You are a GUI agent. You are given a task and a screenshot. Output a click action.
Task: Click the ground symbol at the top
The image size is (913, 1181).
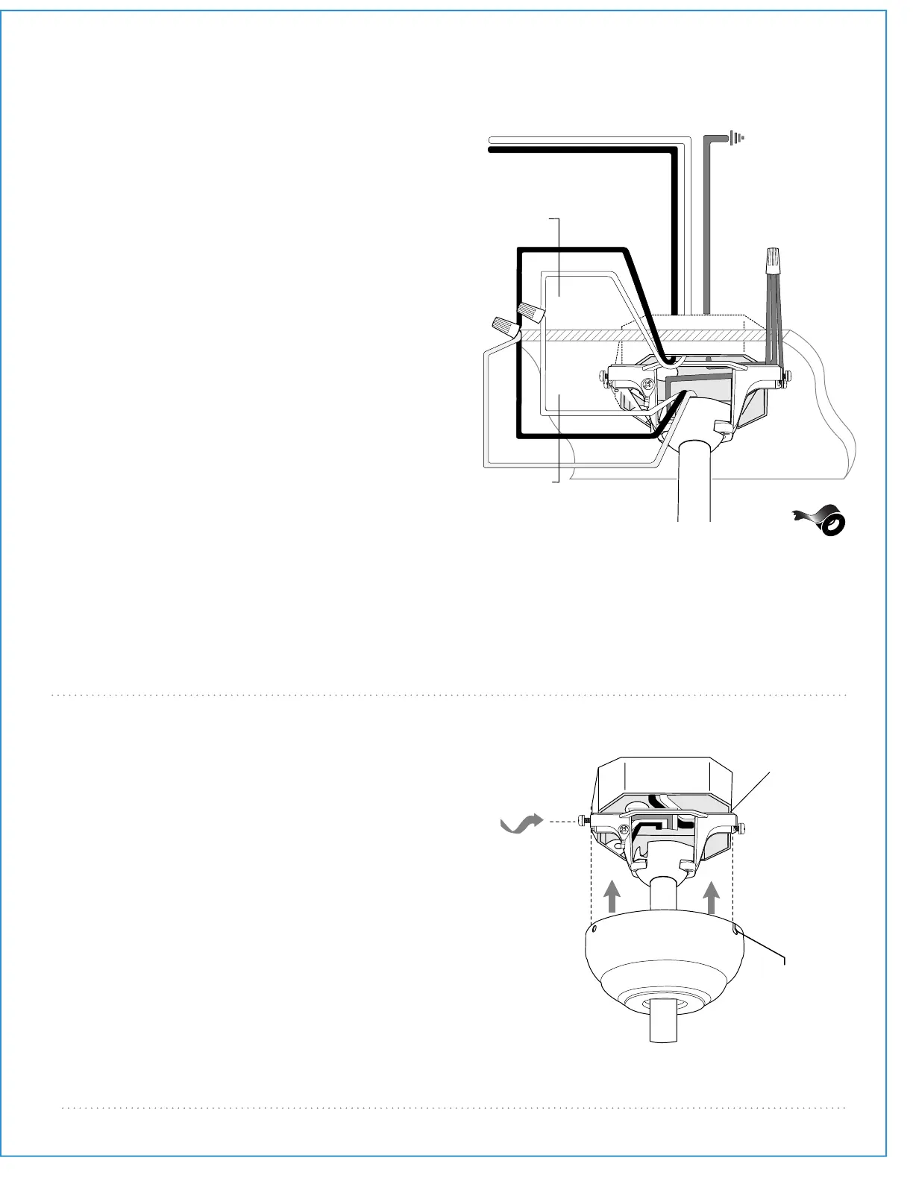(737, 138)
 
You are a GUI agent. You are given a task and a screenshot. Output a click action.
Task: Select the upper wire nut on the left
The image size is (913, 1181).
(529, 312)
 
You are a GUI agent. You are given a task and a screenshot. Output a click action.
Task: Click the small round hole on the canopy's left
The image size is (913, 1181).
(594, 930)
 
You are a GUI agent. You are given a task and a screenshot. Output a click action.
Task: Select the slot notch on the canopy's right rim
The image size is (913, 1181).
(736, 929)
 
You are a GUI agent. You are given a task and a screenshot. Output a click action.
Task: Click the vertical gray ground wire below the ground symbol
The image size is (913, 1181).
(707, 224)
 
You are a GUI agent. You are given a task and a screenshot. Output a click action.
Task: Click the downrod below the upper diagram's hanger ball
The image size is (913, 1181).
(694, 485)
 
